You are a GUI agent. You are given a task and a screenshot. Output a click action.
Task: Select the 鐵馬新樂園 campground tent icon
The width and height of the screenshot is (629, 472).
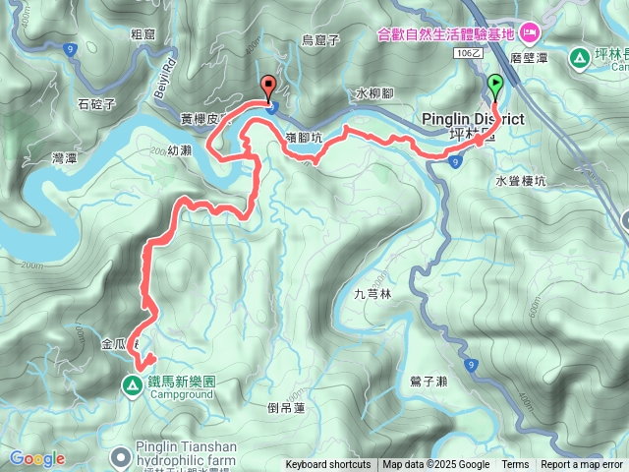(x=132, y=383)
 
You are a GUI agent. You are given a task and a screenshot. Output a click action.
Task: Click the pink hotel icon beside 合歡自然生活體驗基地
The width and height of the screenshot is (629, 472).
(x=529, y=33)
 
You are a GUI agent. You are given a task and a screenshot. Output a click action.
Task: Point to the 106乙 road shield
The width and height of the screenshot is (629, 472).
(x=468, y=56)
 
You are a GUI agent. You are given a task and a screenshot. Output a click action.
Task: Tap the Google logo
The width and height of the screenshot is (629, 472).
(x=36, y=458)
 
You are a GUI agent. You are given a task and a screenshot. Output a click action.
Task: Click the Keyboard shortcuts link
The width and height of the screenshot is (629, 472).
(x=328, y=465)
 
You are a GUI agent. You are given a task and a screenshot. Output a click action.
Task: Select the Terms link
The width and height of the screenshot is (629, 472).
(x=515, y=465)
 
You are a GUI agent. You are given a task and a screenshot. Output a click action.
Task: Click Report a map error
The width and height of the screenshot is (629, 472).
(x=582, y=465)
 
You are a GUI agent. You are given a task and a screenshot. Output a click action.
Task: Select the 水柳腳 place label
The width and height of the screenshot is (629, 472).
(x=374, y=93)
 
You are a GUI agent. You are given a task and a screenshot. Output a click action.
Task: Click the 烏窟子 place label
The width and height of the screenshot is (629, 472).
(x=319, y=39)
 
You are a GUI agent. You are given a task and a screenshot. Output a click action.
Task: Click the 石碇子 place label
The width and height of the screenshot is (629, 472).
(x=97, y=101)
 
